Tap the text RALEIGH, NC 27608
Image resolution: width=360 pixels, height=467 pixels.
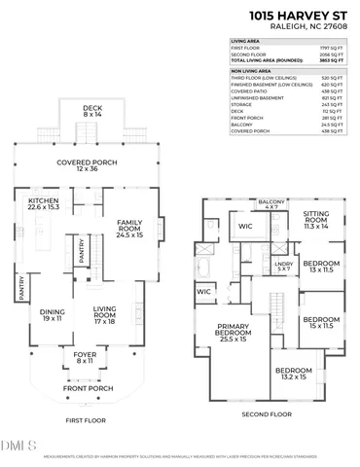tap(308, 29)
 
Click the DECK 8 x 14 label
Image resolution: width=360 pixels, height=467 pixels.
tap(91, 112)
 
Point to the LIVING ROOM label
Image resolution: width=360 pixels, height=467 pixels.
tap(105, 315)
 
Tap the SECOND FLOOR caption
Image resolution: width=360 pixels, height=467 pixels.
tap(266, 414)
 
